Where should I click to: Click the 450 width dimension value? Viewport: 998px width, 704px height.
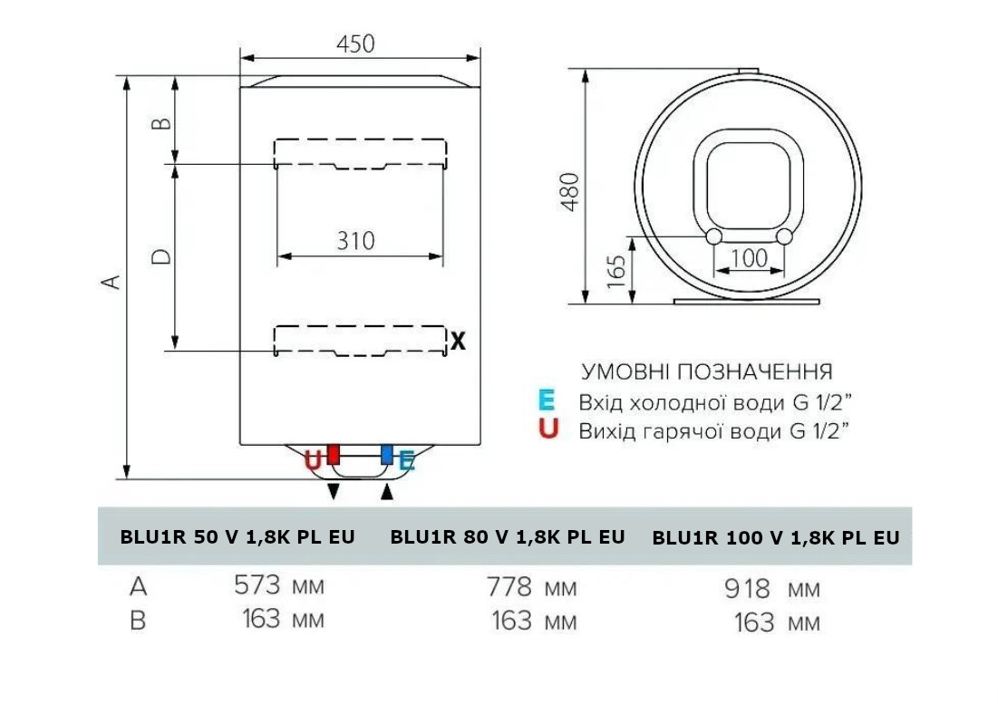pos(355,43)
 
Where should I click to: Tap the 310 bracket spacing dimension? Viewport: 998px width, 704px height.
pos(355,241)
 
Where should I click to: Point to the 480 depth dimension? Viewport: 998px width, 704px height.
pos(570,191)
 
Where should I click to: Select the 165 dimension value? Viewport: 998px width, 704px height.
pos(616,272)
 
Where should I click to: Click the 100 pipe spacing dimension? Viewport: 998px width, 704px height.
pos(749,258)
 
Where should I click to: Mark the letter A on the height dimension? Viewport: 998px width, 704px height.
pos(112,281)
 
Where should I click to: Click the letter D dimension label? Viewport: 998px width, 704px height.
pos(162,256)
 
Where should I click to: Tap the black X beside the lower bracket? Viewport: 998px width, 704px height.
pos(458,342)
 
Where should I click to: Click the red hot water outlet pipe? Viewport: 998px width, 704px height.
pos(333,454)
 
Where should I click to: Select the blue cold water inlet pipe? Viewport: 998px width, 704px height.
pos(386,454)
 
